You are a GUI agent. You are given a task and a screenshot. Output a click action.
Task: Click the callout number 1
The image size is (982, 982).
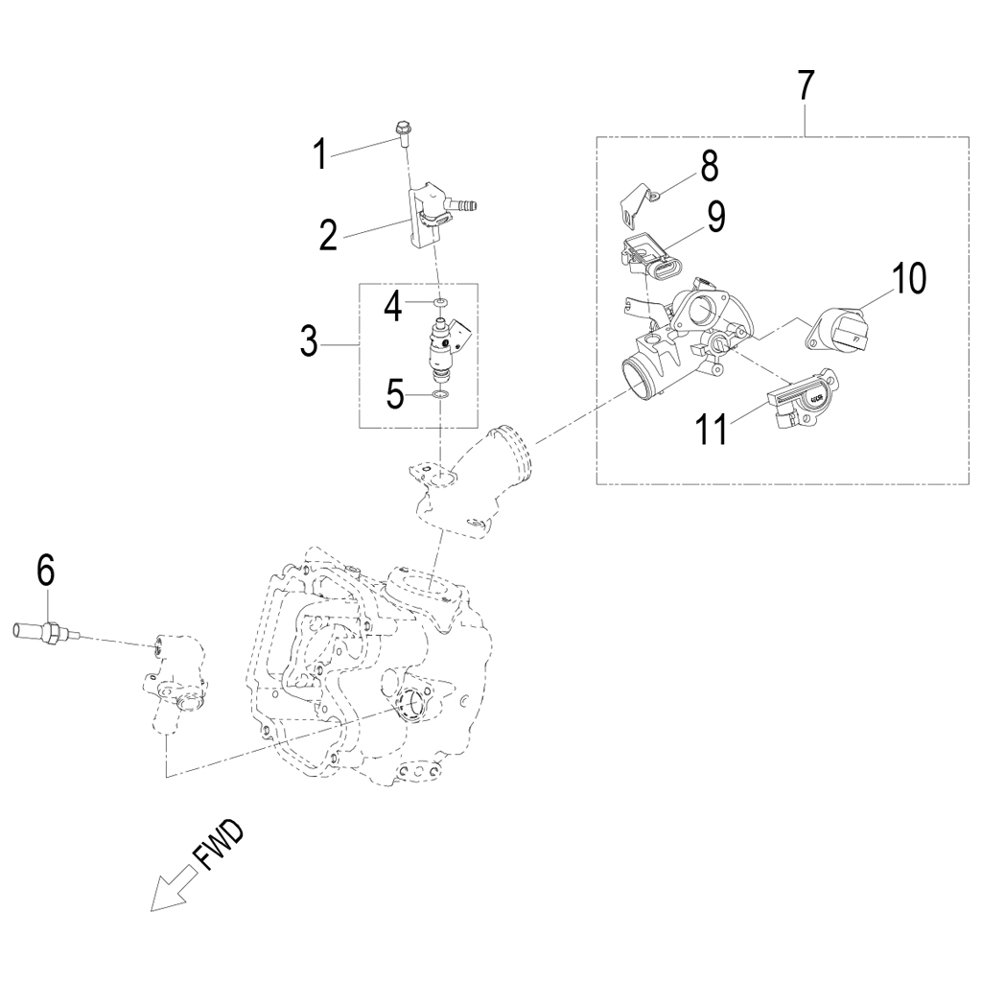pyautogui.click(x=320, y=153)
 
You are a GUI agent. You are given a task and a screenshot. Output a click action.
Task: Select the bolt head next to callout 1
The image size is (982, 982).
pyautogui.click(x=401, y=128)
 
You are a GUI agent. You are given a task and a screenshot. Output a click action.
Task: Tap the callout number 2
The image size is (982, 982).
pyautogui.click(x=328, y=234)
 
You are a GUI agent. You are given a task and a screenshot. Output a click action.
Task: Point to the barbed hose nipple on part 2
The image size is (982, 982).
pyautogui.click(x=467, y=203)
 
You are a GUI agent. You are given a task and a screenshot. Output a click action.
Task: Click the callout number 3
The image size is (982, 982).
pyautogui.click(x=308, y=340)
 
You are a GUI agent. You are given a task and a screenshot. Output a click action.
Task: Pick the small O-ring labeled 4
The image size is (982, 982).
pyautogui.click(x=440, y=303)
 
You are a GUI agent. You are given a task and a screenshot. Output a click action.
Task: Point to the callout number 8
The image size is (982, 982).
pyautogui.click(x=709, y=166)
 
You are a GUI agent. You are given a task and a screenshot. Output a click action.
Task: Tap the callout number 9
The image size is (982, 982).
pyautogui.click(x=716, y=217)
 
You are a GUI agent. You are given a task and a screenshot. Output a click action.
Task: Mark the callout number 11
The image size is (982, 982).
pyautogui.click(x=713, y=430)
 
